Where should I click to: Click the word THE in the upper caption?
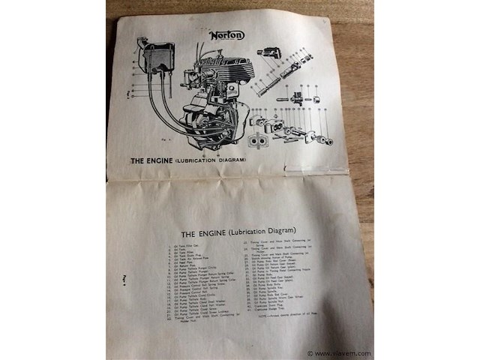point(141,160)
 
